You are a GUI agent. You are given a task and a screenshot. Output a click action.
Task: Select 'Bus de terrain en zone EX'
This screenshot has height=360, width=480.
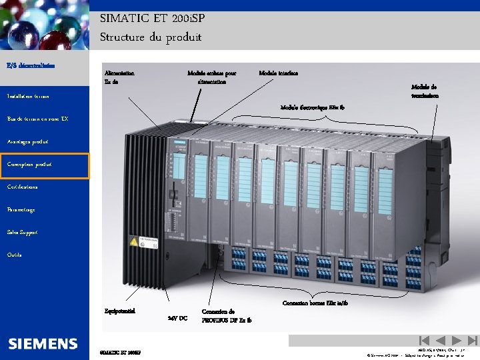click(x=37, y=119)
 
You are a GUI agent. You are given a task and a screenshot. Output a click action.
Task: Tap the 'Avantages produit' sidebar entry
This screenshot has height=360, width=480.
click(x=27, y=142)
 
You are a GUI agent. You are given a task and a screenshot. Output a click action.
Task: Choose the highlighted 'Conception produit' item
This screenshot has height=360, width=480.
click(x=29, y=164)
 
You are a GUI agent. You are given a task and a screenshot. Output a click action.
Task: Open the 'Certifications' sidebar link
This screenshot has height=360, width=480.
click(x=23, y=187)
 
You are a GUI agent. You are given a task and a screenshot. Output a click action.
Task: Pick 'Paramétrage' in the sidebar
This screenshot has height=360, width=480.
click(x=21, y=210)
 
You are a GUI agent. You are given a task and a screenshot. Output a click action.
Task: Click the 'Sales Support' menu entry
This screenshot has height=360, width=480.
click(x=23, y=233)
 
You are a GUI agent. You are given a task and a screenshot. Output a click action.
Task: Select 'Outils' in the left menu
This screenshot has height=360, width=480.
click(x=14, y=255)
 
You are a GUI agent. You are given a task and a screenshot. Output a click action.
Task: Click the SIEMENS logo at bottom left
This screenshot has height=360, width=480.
click(x=43, y=344)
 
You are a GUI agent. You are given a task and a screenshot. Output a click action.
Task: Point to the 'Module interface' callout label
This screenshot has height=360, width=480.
click(x=278, y=73)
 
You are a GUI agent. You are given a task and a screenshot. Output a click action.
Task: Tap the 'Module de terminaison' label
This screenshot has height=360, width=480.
click(x=425, y=91)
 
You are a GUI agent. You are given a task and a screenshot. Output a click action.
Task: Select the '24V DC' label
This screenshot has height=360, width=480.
click(x=177, y=318)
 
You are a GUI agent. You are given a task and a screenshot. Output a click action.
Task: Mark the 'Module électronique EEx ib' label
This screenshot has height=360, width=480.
click(x=312, y=107)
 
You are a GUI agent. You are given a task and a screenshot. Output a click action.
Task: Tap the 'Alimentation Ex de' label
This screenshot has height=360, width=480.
click(x=119, y=77)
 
